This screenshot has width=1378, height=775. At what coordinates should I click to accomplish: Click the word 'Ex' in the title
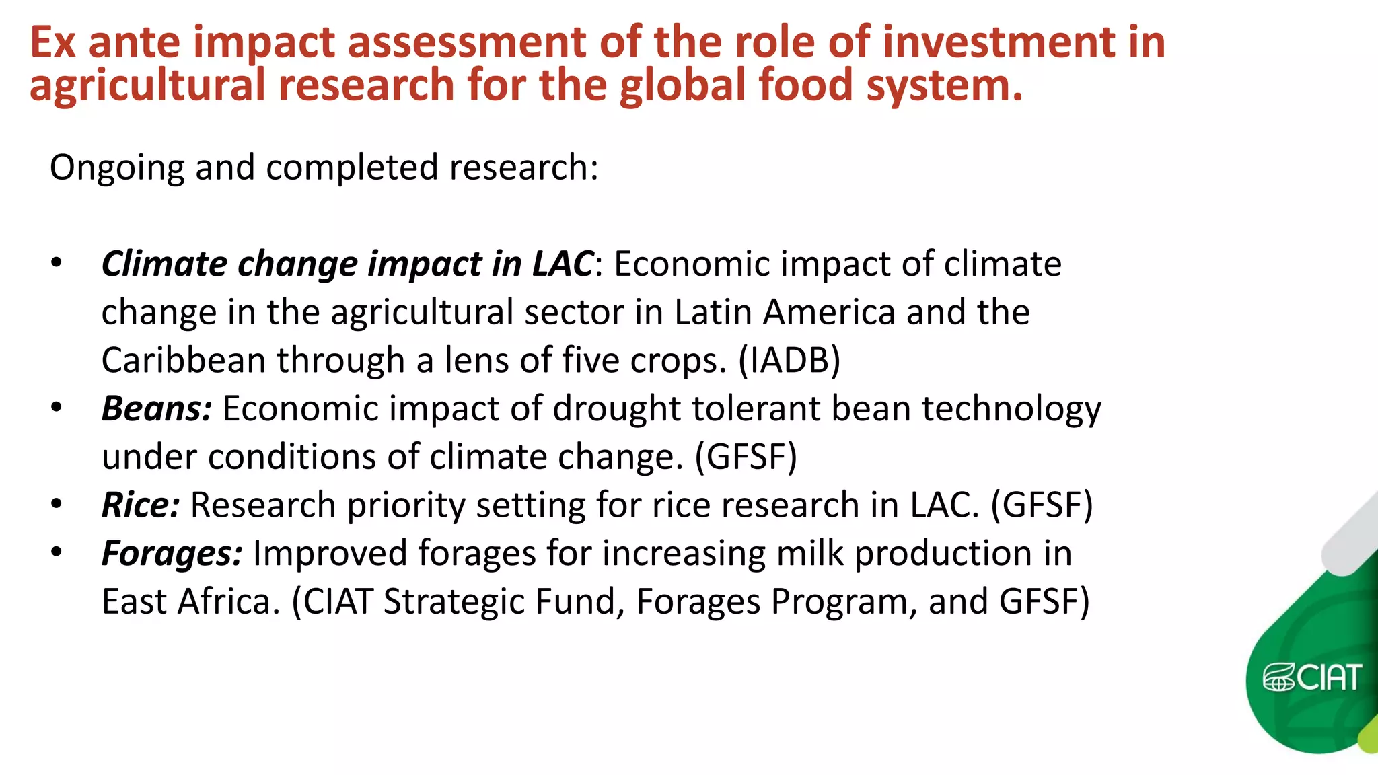pos(52,42)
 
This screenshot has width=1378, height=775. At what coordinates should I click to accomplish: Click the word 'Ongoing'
pos(116,168)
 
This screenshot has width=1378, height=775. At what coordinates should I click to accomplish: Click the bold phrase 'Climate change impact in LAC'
pos(347,264)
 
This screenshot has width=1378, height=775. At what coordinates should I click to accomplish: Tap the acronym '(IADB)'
pos(789,361)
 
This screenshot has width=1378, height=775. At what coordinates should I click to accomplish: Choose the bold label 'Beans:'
pos(157,408)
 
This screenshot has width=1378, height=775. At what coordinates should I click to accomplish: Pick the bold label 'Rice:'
pos(141,505)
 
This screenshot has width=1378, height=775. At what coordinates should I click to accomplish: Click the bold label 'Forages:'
pos(172,554)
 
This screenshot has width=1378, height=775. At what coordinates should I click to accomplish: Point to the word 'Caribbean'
pos(184,361)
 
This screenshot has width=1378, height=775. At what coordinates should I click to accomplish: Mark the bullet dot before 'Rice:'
pos(57,503)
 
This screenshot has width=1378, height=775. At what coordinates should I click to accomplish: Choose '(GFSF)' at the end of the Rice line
pos(1042,505)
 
